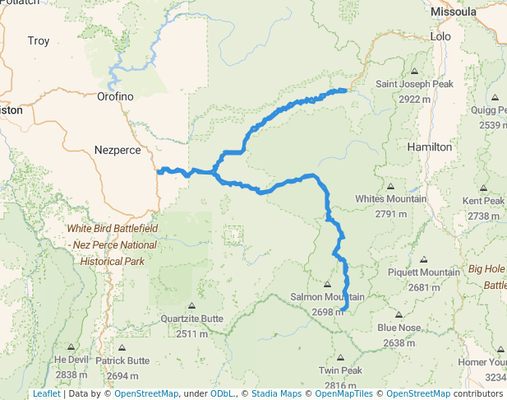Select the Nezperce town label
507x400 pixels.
(x=118, y=150)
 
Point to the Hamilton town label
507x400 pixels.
(x=430, y=147)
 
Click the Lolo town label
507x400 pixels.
(x=441, y=37)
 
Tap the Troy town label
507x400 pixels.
(x=39, y=40)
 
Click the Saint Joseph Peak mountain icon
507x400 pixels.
(x=414, y=72)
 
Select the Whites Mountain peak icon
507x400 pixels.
(x=390, y=186)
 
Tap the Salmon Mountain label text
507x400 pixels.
(x=327, y=297)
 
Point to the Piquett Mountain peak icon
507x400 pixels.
(x=423, y=260)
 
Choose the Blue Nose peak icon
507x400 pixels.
(x=399, y=315)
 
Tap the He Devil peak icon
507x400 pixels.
(x=71, y=347)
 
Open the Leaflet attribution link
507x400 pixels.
(x=46, y=394)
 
